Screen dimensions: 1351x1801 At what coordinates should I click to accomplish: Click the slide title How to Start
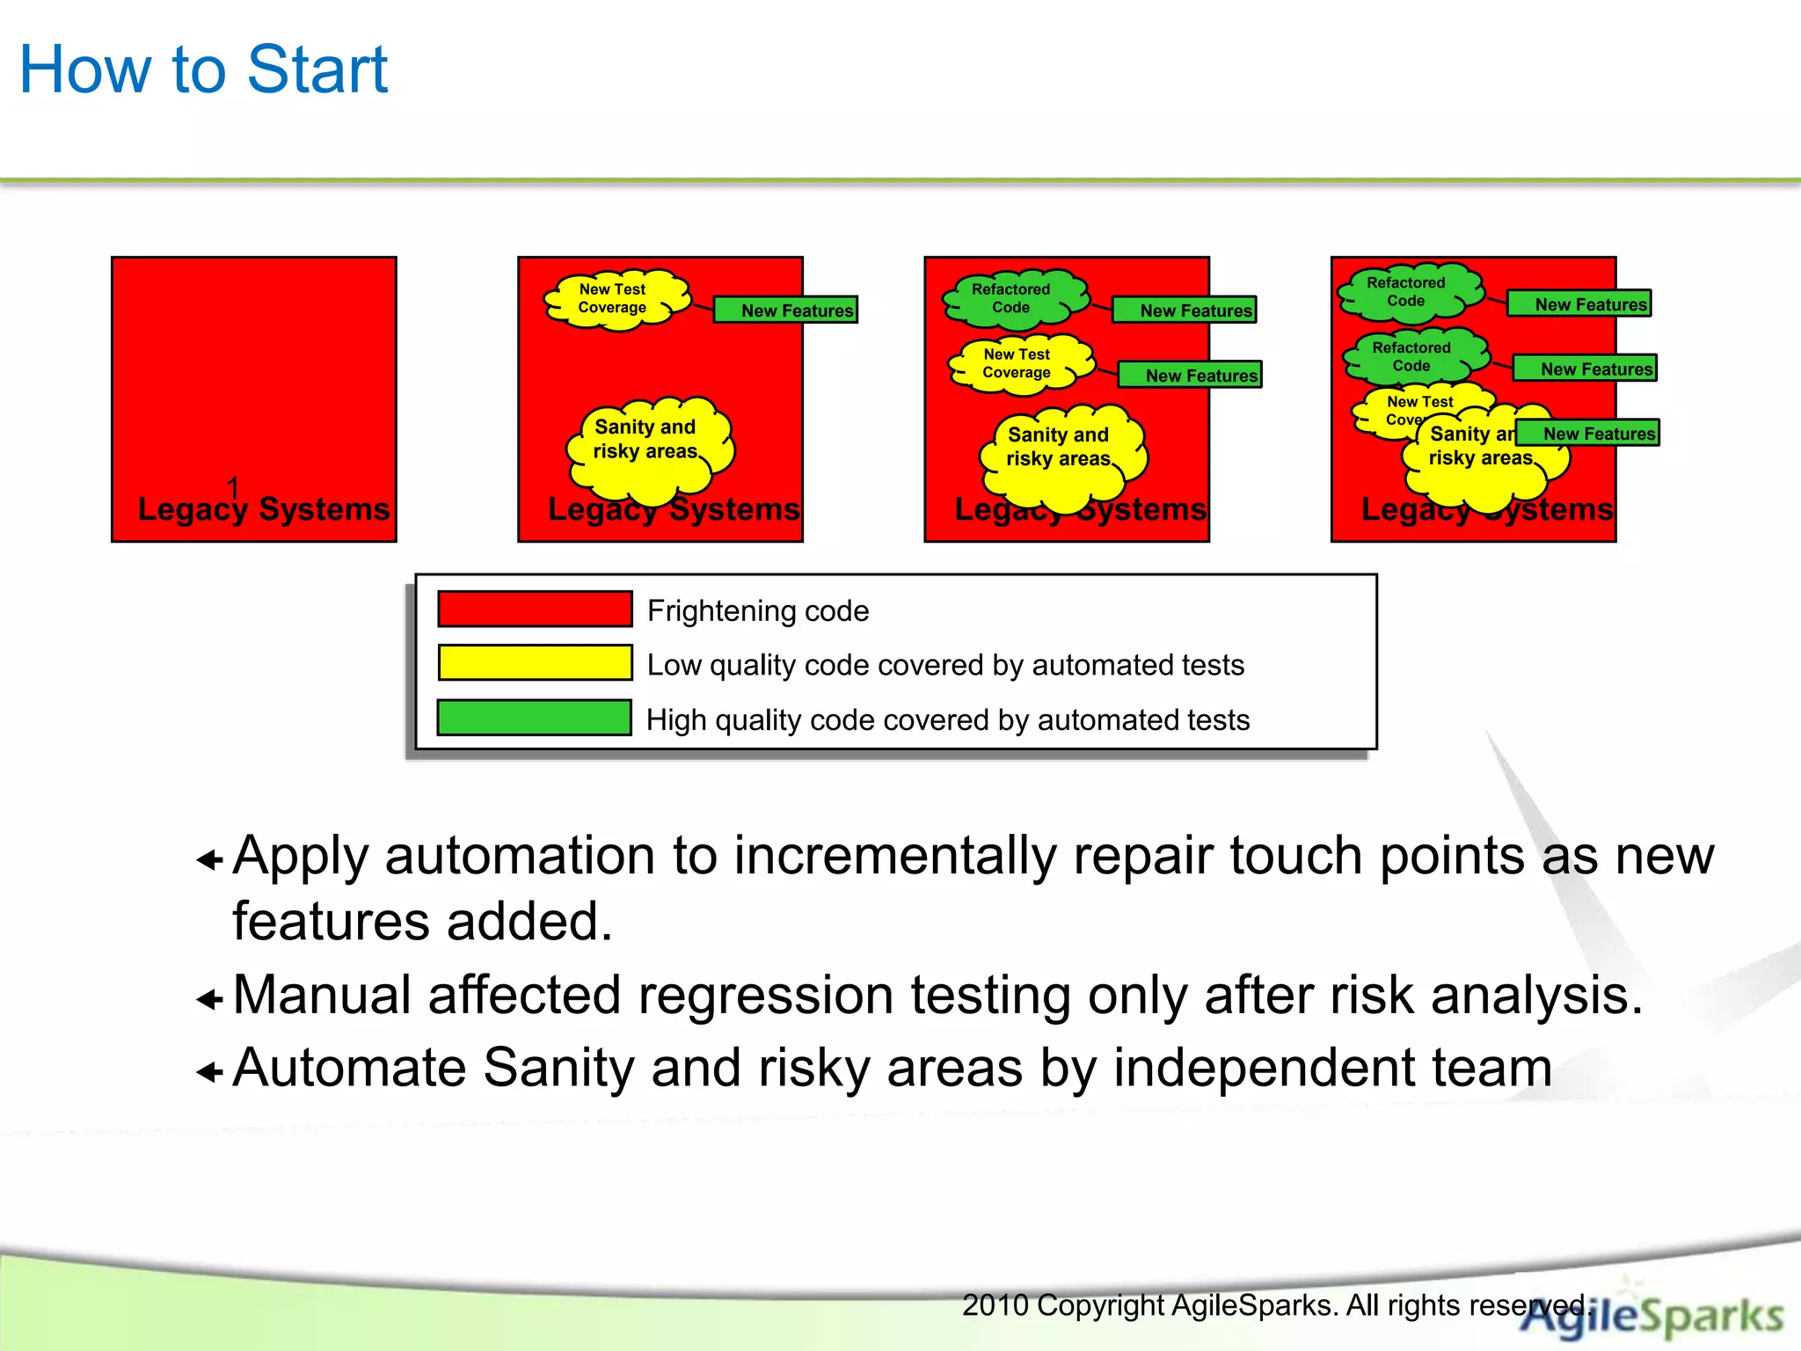(203, 69)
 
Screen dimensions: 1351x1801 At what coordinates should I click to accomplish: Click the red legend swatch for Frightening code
(535, 609)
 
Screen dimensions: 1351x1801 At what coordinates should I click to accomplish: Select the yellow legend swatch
(535, 663)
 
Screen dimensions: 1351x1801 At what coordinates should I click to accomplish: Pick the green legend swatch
(535, 718)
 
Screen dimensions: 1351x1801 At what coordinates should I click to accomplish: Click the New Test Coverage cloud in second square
(613, 299)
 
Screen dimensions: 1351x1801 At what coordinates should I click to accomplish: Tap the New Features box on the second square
(785, 310)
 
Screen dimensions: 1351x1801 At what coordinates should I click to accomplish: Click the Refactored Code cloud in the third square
(1011, 299)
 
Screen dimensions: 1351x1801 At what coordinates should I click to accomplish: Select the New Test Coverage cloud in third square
(1017, 363)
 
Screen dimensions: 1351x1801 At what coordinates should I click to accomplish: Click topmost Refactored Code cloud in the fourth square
(1406, 292)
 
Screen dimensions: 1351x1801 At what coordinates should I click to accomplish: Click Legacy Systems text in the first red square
(264, 509)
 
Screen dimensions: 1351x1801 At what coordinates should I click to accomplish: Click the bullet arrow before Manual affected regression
(209, 999)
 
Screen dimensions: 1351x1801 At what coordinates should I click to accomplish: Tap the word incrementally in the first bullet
(894, 856)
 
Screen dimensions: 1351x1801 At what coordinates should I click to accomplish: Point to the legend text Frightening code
(758, 610)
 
